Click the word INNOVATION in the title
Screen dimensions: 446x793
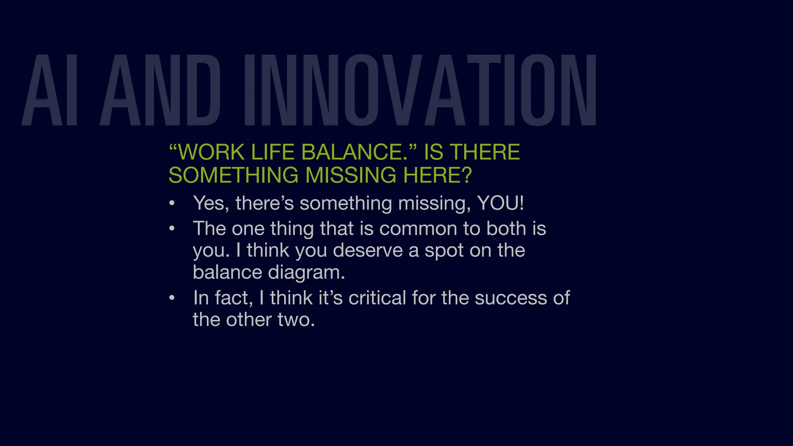[x=420, y=90]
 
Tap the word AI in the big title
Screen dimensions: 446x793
[x=50, y=90]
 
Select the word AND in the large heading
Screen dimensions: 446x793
[x=161, y=90]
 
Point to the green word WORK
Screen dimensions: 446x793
[x=211, y=152]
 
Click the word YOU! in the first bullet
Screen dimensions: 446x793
[x=500, y=203]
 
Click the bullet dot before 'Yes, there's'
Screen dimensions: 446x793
[x=172, y=203]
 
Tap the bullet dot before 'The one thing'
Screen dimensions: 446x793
[x=172, y=228]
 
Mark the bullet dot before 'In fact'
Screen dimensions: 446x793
[x=172, y=298]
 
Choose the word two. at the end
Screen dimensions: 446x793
[x=296, y=320]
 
